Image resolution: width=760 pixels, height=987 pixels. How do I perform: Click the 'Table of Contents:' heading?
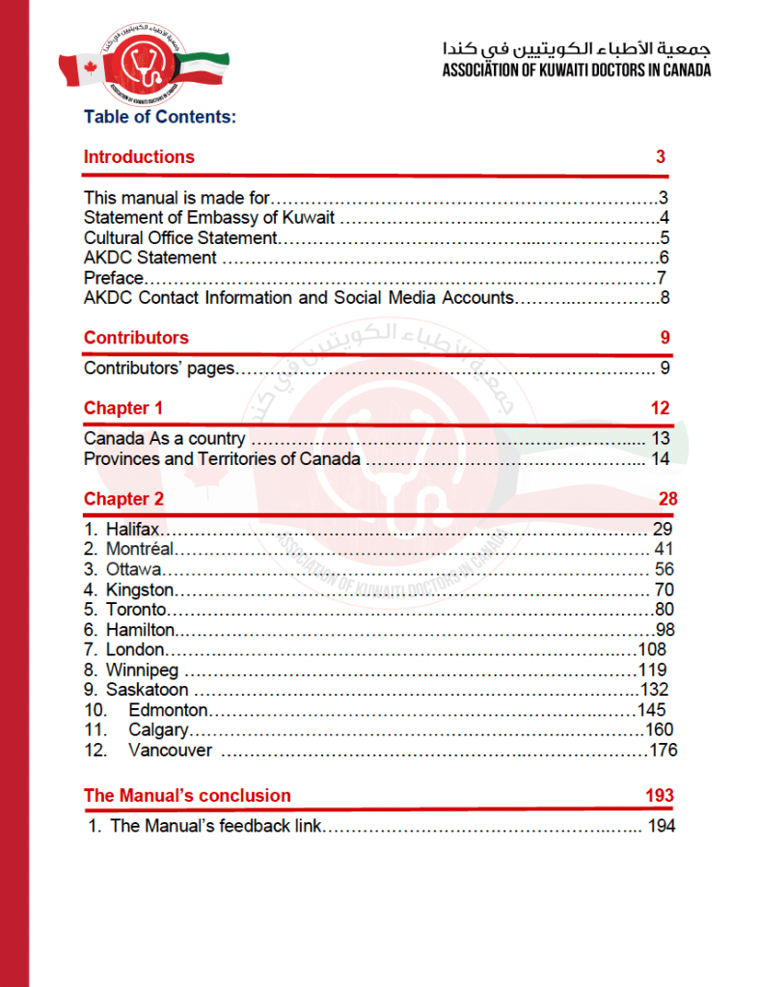tap(160, 117)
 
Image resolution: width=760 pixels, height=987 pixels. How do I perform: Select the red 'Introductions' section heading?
tap(139, 157)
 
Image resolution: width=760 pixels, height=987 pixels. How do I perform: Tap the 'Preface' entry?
tap(113, 278)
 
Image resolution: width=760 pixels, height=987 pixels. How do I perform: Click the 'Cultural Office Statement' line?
tap(180, 237)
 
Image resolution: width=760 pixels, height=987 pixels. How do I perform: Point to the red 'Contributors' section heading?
tap(136, 338)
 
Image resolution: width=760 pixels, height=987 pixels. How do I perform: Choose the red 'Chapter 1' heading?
tap(117, 408)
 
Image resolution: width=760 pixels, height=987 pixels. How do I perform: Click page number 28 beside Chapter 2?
tap(667, 499)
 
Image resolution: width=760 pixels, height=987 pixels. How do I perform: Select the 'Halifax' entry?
tap(132, 529)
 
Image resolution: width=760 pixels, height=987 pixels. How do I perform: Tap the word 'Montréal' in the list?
tap(140, 549)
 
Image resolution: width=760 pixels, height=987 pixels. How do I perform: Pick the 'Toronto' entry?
tap(137, 609)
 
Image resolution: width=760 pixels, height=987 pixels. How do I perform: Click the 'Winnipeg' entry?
tap(142, 670)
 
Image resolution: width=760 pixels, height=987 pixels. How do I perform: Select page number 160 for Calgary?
tap(659, 729)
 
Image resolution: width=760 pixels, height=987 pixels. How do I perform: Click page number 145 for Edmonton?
tap(652, 709)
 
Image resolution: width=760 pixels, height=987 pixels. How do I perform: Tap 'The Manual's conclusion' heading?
tap(187, 796)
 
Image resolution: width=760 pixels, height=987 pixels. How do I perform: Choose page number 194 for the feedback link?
tap(662, 826)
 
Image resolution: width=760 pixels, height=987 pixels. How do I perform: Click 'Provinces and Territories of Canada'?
tap(222, 458)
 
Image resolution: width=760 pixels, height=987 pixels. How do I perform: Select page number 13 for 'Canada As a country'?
tap(660, 438)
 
